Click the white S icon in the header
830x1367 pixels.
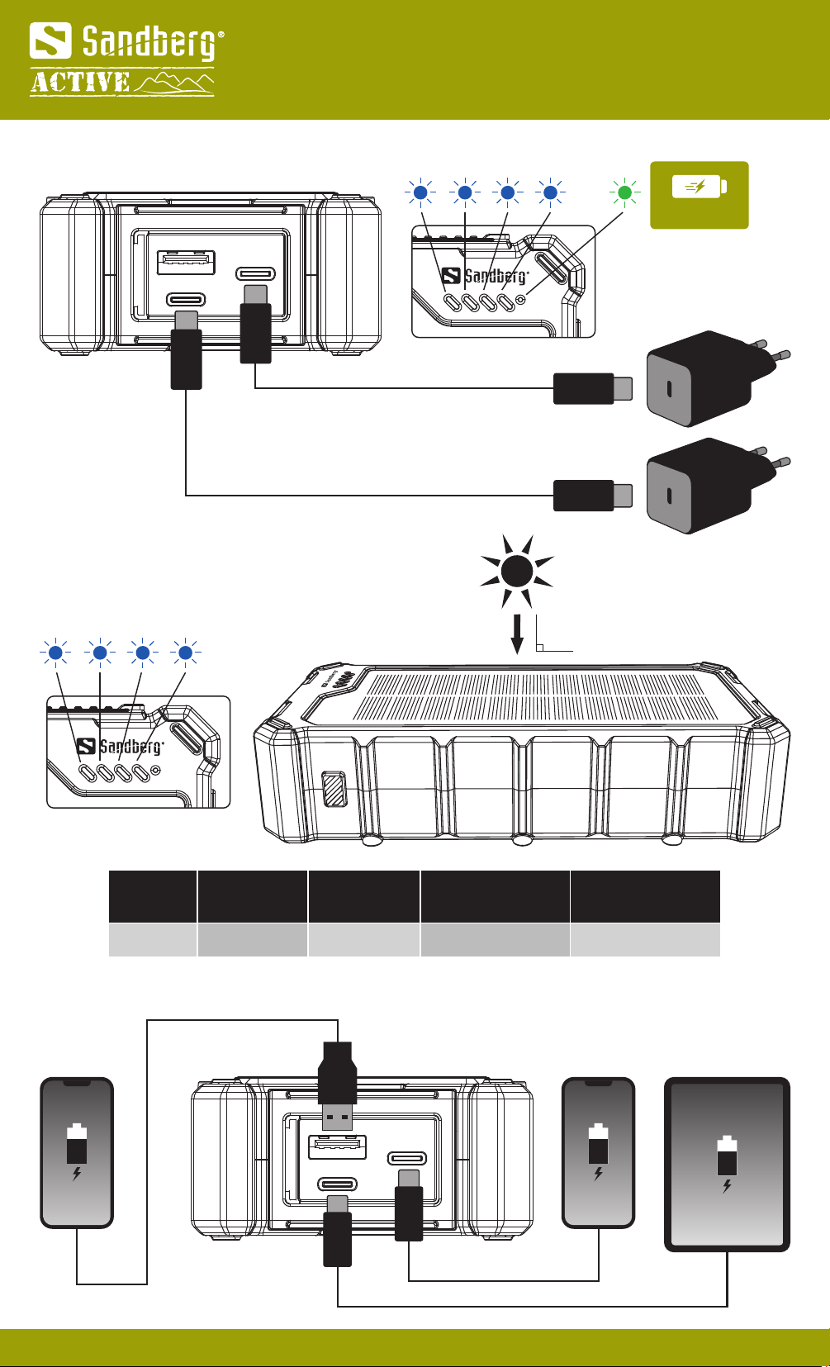click(50, 41)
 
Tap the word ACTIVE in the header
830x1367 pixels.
click(80, 83)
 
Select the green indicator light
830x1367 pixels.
click(625, 192)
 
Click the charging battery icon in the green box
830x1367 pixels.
click(699, 187)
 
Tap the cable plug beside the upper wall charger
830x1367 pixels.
click(591, 388)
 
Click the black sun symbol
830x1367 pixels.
click(516, 571)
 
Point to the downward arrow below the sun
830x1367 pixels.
click(517, 634)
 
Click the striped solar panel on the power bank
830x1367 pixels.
click(537, 695)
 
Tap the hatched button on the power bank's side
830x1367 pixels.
click(334, 789)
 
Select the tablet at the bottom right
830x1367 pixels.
click(727, 1164)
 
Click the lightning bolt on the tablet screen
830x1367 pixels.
click(727, 1186)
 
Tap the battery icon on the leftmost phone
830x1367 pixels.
click(77, 1143)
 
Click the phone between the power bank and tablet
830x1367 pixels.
click(598, 1152)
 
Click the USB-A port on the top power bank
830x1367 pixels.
click(186, 263)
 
